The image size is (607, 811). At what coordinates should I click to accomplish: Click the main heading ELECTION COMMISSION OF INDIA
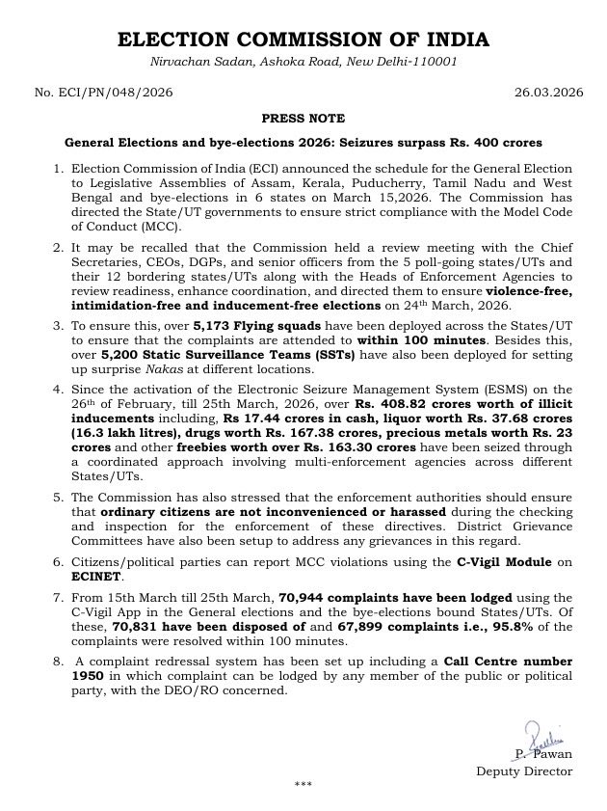click(303, 40)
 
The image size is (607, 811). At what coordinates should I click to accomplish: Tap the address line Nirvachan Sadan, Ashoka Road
click(303, 62)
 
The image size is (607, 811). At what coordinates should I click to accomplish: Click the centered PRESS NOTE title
click(303, 118)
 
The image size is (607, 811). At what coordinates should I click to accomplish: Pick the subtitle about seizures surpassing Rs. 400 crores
click(303, 143)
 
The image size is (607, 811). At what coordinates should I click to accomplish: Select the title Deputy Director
click(524, 770)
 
